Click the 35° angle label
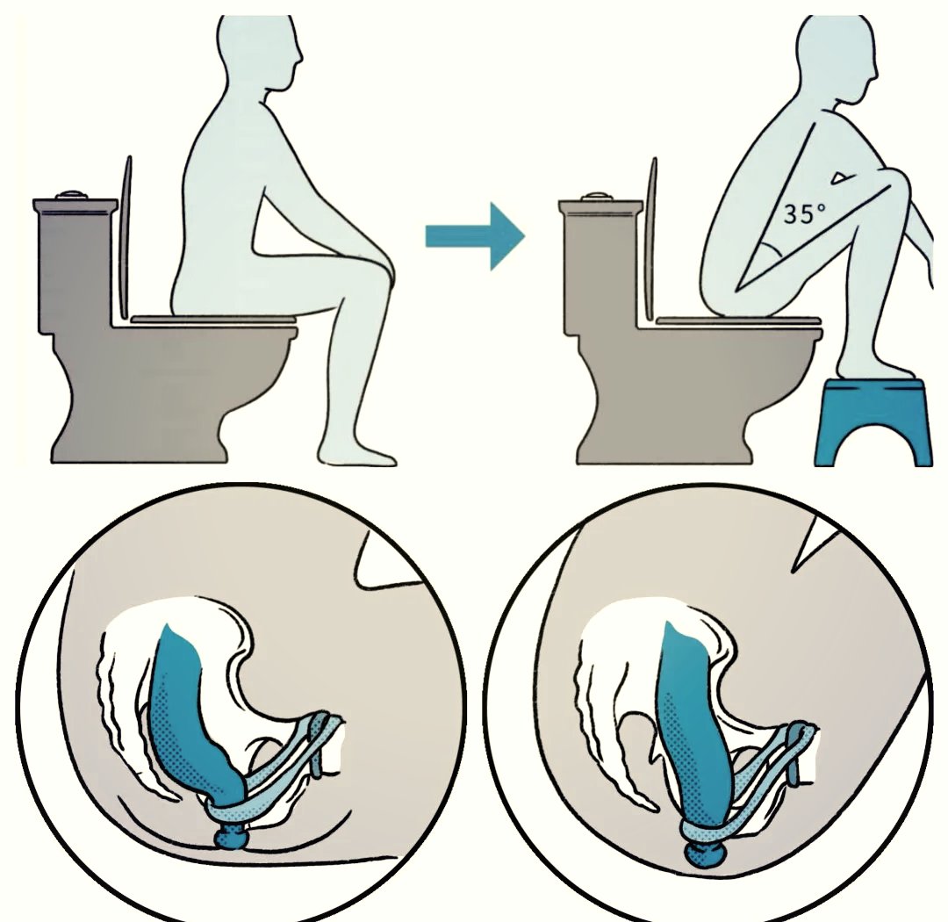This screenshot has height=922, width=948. coord(804,213)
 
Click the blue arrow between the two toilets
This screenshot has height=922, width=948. coord(475,236)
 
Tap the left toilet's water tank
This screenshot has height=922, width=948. coord(75,266)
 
